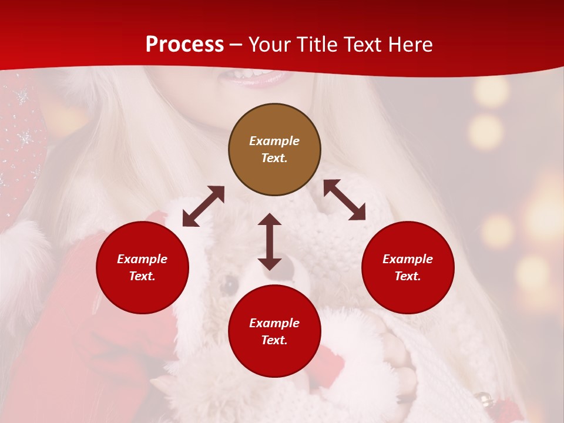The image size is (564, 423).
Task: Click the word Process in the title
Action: [x=184, y=45]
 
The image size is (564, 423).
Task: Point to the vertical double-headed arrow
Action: [x=270, y=241]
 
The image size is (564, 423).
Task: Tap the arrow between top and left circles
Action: [x=203, y=206]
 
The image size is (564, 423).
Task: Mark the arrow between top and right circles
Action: [x=344, y=200]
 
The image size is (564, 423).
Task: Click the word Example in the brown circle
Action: [x=274, y=141]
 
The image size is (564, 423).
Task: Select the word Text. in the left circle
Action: [x=142, y=276]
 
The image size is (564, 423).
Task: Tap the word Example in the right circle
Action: [x=408, y=259]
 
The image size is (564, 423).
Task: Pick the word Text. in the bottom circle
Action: [x=274, y=340]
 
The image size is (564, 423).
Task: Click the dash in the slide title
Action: [x=236, y=45]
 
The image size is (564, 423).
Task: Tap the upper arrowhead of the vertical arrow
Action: [x=270, y=220]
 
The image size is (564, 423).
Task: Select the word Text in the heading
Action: [x=362, y=45]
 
